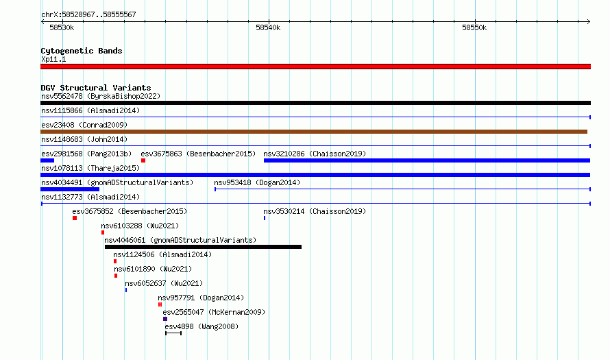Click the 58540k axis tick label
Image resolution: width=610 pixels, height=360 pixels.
click(x=268, y=27)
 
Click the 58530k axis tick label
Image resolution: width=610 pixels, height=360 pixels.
click(x=62, y=27)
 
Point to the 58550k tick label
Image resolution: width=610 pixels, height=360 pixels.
click(x=474, y=27)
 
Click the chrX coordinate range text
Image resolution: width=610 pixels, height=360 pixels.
click(x=88, y=15)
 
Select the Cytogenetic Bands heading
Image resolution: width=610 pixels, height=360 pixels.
click(x=82, y=51)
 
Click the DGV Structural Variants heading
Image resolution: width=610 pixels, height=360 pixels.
click(x=96, y=88)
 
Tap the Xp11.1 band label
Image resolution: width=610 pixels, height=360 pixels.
click(x=53, y=59)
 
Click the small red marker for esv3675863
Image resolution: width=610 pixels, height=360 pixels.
click(x=143, y=160)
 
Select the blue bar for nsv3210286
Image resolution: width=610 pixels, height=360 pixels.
click(x=427, y=160)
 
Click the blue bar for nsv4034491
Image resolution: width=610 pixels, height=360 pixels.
click(x=70, y=189)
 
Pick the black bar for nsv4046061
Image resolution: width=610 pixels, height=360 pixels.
click(x=203, y=247)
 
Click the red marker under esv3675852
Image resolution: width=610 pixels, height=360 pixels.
click(x=75, y=218)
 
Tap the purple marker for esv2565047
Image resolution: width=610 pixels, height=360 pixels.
click(x=165, y=319)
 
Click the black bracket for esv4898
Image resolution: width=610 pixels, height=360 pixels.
click(x=173, y=333)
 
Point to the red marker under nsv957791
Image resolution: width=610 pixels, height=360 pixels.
click(x=160, y=304)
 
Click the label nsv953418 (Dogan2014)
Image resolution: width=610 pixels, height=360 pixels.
click(x=257, y=182)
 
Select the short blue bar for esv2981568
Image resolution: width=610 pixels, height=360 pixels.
click(x=47, y=160)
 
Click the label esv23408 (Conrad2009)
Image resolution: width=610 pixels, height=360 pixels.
click(x=84, y=125)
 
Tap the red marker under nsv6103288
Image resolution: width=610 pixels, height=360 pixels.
click(x=103, y=232)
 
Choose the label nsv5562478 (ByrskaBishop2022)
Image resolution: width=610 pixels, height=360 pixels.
click(x=101, y=96)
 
